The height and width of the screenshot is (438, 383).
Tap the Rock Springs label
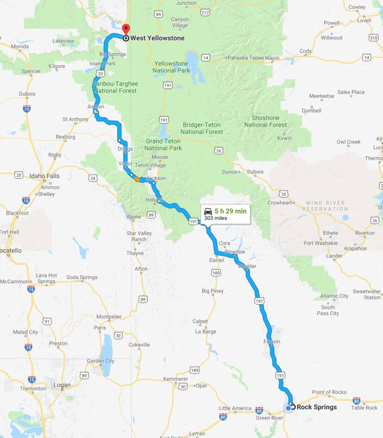pyautogui.click(x=317, y=408)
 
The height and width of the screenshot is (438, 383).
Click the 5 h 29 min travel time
pyautogui.click(x=230, y=212)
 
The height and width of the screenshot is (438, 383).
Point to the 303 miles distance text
pyautogui.click(x=217, y=219)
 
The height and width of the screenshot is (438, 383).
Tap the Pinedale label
pyautogui.click(x=235, y=253)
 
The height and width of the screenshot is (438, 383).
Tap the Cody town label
pyautogui.click(x=306, y=51)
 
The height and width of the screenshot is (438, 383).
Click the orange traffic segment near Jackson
pyautogui.click(x=137, y=179)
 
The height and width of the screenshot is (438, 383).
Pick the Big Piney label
pyautogui.click(x=212, y=291)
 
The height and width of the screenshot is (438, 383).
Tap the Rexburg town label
pyautogui.click(x=65, y=137)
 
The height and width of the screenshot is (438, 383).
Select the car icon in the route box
pyautogui.click(x=207, y=212)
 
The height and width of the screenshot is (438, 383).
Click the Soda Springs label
pyautogui.click(x=81, y=277)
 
